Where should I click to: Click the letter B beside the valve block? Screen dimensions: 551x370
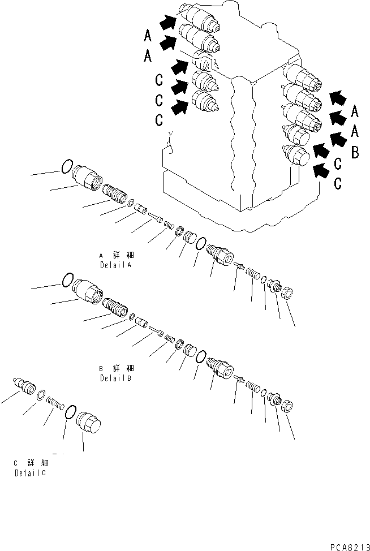click(x=355, y=151)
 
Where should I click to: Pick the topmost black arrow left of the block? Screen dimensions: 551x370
click(x=167, y=23)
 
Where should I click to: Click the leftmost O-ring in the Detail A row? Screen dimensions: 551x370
click(x=66, y=166)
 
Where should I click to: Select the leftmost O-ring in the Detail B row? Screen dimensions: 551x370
click(x=67, y=279)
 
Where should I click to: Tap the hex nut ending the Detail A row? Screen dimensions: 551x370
click(x=286, y=293)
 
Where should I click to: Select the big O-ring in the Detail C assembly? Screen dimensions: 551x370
click(x=71, y=412)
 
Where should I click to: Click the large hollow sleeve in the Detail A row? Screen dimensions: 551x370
click(x=88, y=177)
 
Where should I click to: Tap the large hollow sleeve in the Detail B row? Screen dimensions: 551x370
click(x=88, y=290)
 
